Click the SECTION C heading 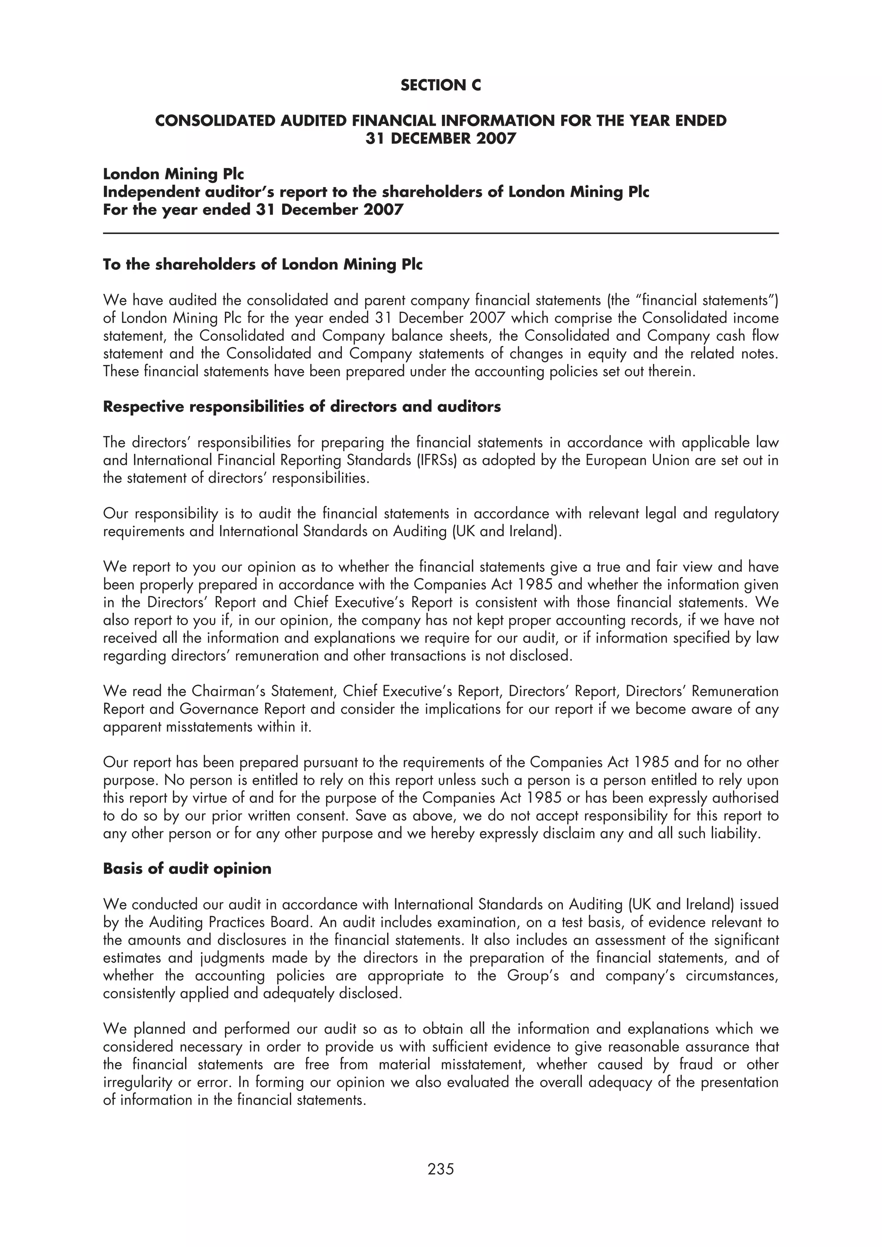pos(440,85)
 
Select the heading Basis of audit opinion pos(187,868)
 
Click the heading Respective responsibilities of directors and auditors pos(301,406)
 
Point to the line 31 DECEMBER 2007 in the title pos(440,139)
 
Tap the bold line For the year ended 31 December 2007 pos(253,210)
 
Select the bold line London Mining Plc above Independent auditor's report pos(174,174)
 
